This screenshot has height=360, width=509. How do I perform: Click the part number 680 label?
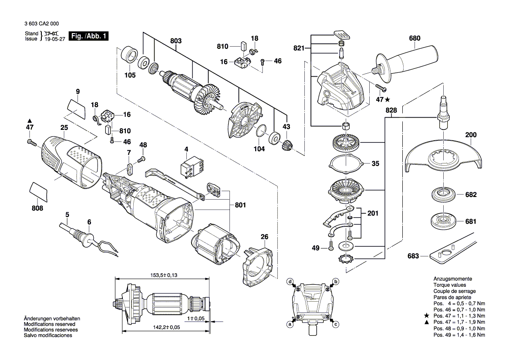[415, 38]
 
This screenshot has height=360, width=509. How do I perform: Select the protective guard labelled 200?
[444, 157]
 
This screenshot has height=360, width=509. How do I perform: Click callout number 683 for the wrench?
[413, 256]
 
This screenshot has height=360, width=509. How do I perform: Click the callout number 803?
[175, 41]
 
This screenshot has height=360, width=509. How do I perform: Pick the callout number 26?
[264, 237]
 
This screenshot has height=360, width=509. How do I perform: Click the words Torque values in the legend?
[448, 285]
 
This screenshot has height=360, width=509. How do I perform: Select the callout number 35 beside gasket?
[375, 164]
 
